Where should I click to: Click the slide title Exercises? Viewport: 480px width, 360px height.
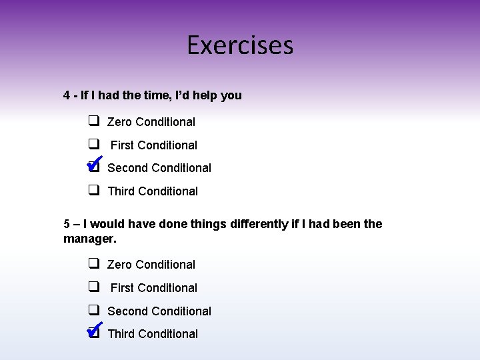pos(240,45)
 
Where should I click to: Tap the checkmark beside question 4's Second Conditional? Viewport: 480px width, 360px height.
pos(94,163)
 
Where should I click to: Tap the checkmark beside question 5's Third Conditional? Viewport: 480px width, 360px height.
pos(94,329)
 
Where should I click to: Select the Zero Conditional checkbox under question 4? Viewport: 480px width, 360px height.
pos(94,121)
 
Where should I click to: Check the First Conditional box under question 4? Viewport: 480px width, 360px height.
pos(94,144)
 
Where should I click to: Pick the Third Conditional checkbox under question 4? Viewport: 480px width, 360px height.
pos(94,190)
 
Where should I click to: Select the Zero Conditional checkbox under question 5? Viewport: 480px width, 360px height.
pos(94,264)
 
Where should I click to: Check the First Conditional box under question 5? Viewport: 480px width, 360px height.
pos(94,287)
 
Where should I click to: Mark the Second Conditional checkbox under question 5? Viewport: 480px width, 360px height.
pos(94,310)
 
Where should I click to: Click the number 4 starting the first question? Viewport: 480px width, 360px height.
pos(67,95)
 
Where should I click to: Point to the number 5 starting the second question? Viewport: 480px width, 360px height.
pos(67,224)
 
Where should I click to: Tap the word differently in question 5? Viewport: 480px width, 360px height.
pos(259,224)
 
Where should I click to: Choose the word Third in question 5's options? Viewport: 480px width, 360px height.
pos(121,334)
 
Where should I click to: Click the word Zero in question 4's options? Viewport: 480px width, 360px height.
pos(120,122)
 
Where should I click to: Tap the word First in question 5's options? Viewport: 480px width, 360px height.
pos(122,288)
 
